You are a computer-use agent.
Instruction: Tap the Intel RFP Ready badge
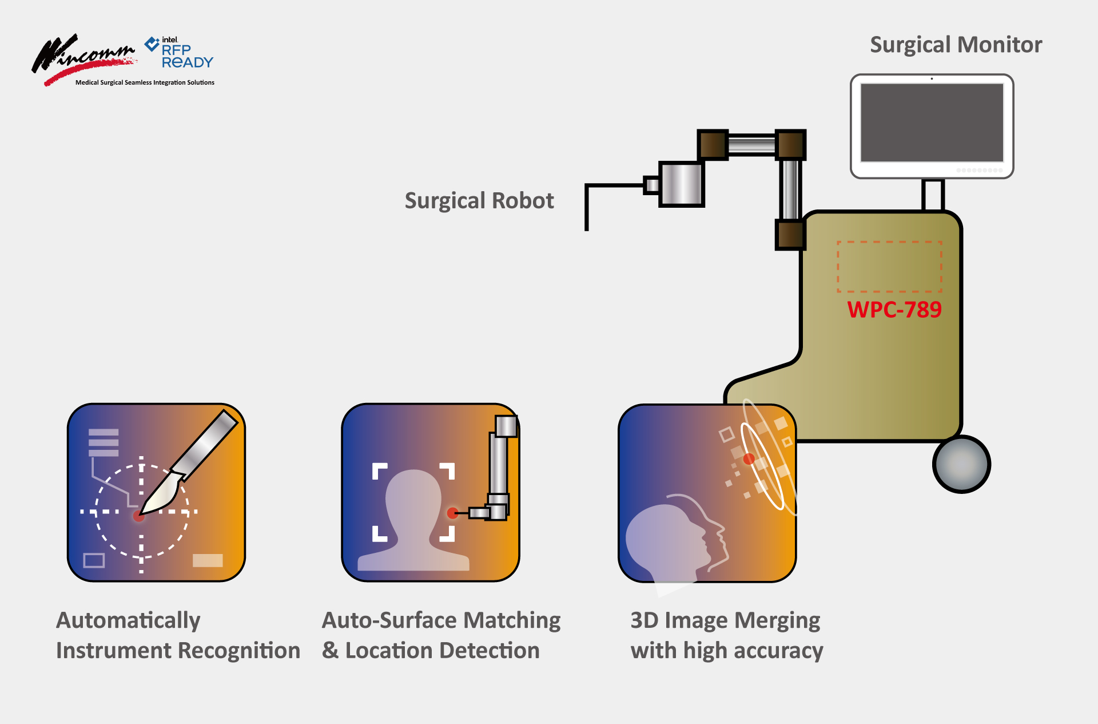tap(180, 53)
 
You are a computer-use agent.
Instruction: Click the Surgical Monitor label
tap(956, 45)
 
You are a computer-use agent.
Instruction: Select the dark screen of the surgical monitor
tap(932, 122)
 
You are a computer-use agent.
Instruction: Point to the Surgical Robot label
tap(479, 201)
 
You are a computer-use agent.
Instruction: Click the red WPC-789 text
tap(894, 310)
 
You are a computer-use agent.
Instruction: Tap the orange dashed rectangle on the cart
tap(889, 267)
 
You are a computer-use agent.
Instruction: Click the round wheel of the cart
tap(961, 464)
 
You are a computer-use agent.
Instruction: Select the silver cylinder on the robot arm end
tap(681, 184)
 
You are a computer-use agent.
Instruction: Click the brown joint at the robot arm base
tap(790, 235)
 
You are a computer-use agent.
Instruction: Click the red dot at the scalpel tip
tap(138, 516)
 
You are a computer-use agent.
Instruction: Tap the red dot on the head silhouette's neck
tap(452, 513)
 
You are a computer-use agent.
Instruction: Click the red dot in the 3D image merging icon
tap(749, 459)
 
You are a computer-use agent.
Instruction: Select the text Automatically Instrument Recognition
tap(178, 635)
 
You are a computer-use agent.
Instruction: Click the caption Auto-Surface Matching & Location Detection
tap(441, 635)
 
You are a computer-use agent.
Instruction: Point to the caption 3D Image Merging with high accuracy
tap(726, 635)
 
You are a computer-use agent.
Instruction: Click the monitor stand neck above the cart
tap(933, 195)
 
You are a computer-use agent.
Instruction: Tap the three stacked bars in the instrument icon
tap(104, 442)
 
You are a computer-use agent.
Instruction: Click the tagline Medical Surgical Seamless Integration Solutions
tap(145, 82)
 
